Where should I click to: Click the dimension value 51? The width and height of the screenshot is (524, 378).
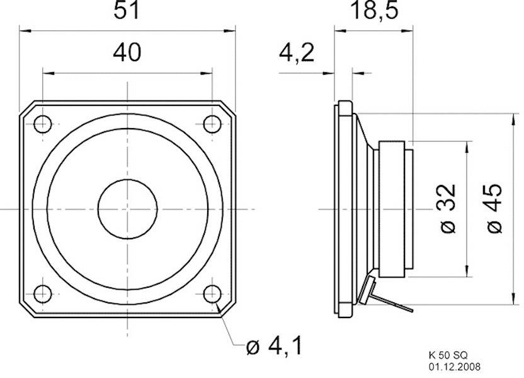coord(127,12)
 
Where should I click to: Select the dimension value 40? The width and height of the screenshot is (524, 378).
coord(127,53)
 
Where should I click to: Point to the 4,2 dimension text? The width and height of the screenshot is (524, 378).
coord(296,53)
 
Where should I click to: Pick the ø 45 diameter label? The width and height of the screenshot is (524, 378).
coord(494,209)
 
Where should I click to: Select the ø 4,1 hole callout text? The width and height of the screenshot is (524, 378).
coord(275,346)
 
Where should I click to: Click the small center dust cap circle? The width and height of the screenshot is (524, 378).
coord(127,208)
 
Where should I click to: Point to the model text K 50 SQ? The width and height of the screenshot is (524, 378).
coord(447,356)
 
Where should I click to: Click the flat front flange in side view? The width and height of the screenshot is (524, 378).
coord(344,208)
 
